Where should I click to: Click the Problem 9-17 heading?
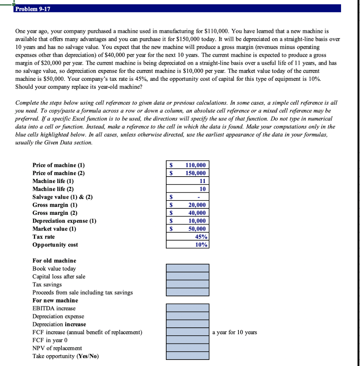point(33,9)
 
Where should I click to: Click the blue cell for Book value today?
point(188,268)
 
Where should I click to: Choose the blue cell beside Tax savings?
point(188,284)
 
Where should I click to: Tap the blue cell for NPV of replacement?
point(188,348)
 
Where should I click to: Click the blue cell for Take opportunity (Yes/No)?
point(188,356)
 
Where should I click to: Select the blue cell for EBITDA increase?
point(188,308)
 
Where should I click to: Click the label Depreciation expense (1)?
point(64,221)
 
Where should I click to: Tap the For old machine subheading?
point(54,261)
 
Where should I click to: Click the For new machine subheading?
point(55,300)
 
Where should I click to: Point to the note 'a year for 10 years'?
point(235,332)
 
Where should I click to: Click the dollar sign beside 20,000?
point(171,205)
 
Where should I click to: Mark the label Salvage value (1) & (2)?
point(63,197)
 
